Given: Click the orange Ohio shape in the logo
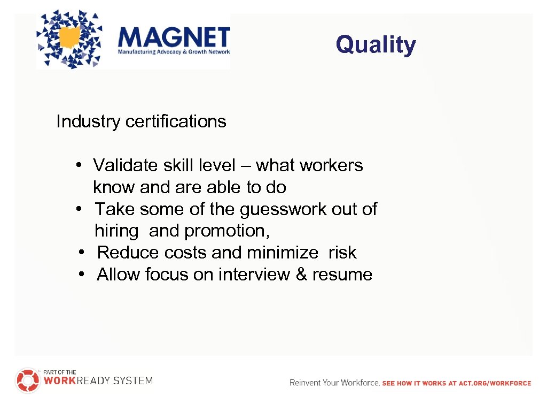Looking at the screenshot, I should tap(71, 37).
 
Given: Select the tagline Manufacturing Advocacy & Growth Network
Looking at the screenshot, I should tap(174, 52).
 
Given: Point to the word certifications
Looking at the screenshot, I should tap(176, 121).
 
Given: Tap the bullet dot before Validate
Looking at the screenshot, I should tap(78, 165).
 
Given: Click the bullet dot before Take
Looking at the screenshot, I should tap(78, 209).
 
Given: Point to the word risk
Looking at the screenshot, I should tap(342, 253).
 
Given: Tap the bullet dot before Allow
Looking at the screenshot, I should tap(80, 275).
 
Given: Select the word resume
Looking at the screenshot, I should tap(342, 275).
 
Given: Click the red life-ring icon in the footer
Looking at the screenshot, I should tap(27, 380).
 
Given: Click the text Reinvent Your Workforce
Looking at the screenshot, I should tap(334, 383).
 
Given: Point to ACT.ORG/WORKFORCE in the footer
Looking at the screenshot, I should tap(500, 383).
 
